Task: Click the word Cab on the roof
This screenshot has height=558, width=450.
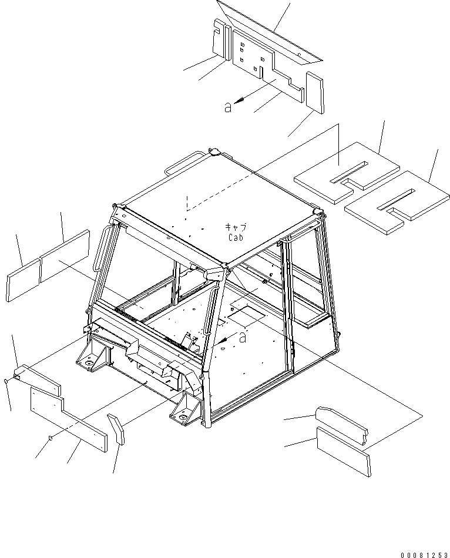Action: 236,237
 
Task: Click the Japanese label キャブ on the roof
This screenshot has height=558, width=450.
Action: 236,227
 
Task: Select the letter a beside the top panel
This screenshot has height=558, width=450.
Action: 228,107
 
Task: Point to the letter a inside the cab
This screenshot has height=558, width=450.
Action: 243,337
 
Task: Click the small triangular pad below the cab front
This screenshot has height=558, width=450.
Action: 116,429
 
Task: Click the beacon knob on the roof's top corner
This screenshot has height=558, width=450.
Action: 216,152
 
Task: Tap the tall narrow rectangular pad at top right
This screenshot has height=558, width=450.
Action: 315,92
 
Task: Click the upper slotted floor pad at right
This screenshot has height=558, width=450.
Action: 347,173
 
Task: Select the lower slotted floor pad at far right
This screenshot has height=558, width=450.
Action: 397,202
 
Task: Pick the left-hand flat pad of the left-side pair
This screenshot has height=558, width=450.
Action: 23,280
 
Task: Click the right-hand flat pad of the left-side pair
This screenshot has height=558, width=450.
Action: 65,256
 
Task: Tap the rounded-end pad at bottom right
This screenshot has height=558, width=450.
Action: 342,426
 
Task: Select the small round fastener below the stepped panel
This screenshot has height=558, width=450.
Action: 51,438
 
